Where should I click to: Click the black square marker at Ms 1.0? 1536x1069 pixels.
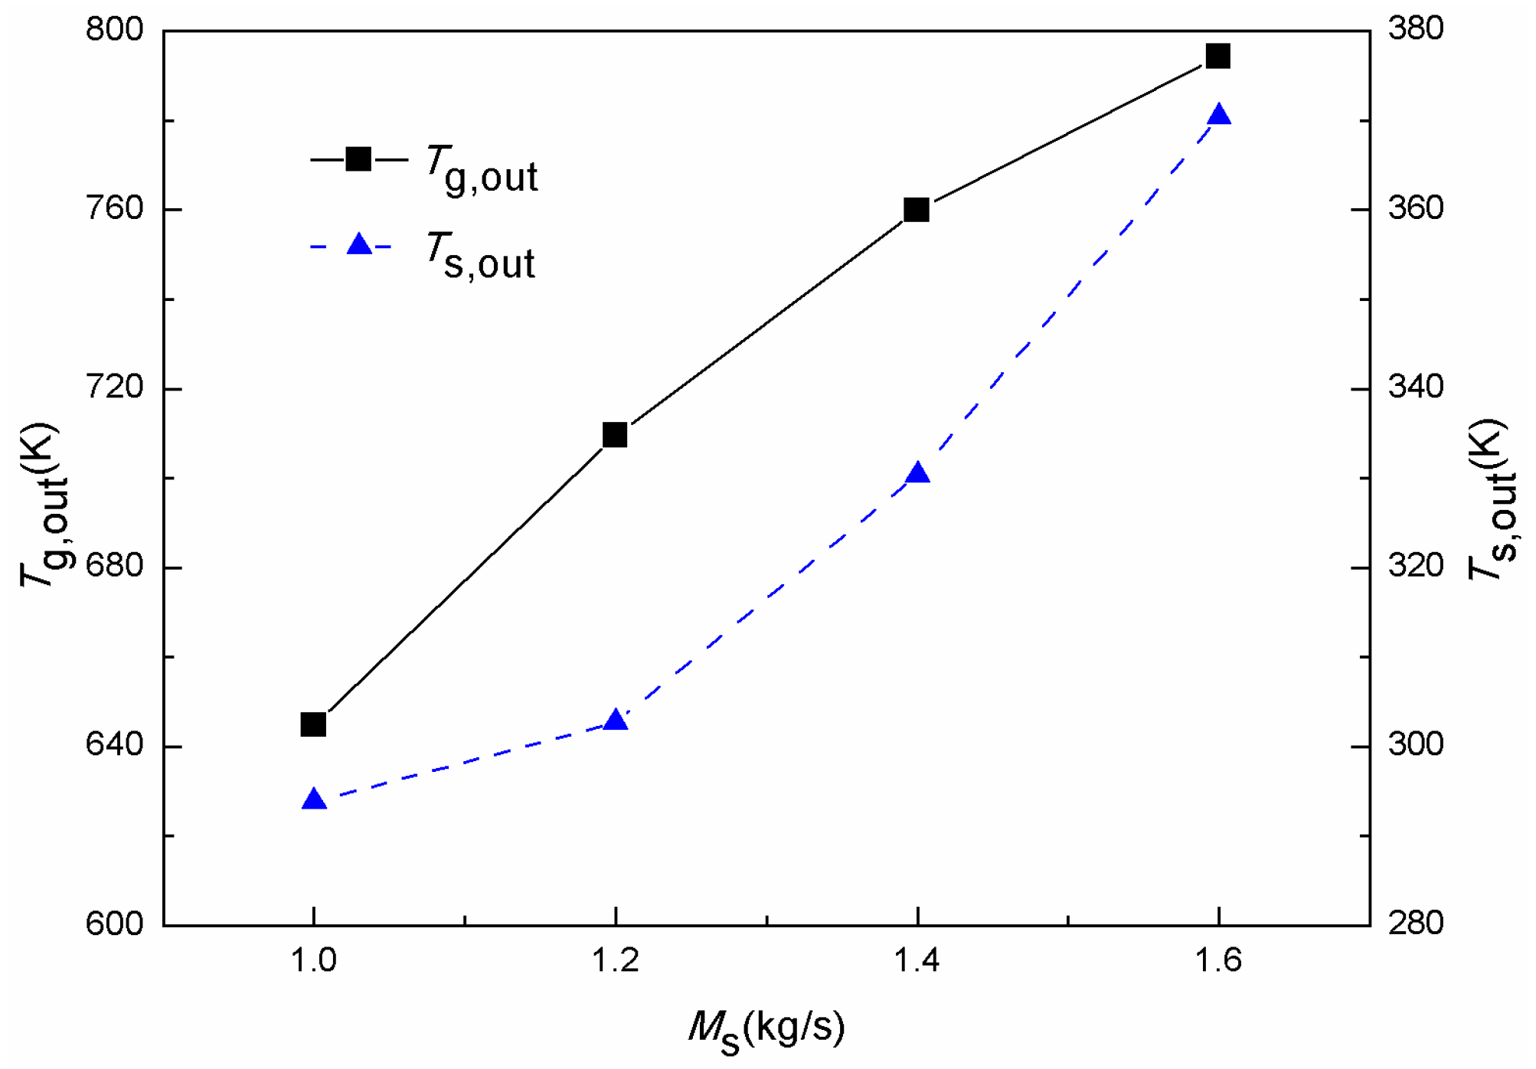[x=313, y=724]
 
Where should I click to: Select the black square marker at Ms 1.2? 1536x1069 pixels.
[x=615, y=435]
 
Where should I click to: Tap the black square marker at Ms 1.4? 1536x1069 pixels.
[x=917, y=209]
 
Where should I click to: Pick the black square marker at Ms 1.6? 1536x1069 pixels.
[x=1218, y=56]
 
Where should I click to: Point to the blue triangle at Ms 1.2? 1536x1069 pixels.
[x=616, y=720]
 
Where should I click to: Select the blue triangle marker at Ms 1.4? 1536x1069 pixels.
[x=917, y=473]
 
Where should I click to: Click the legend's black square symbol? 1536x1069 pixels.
[x=358, y=159]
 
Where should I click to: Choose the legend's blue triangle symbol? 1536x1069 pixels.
[x=359, y=245]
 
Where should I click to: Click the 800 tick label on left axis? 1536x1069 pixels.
[x=115, y=30]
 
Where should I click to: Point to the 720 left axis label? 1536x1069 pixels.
[x=115, y=387]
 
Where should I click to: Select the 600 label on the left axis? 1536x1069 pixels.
[x=115, y=924]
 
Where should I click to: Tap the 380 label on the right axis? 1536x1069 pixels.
[x=1416, y=29]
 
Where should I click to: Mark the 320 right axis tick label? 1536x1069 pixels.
[x=1416, y=566]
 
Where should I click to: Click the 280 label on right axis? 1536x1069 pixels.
[x=1416, y=924]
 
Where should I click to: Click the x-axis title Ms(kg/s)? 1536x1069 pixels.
[x=766, y=1029]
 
